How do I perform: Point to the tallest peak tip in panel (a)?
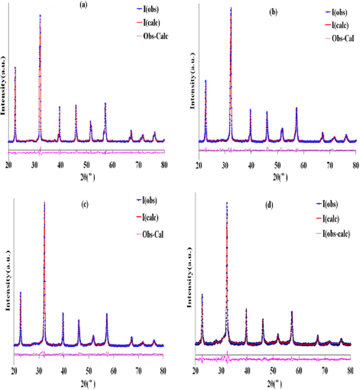pyautogui.click(x=40, y=15)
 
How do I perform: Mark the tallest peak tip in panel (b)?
pyautogui.click(x=231, y=8)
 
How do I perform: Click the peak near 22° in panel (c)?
pyautogui.click(x=20, y=292)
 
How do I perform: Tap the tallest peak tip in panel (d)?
pyautogui.click(x=227, y=203)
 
